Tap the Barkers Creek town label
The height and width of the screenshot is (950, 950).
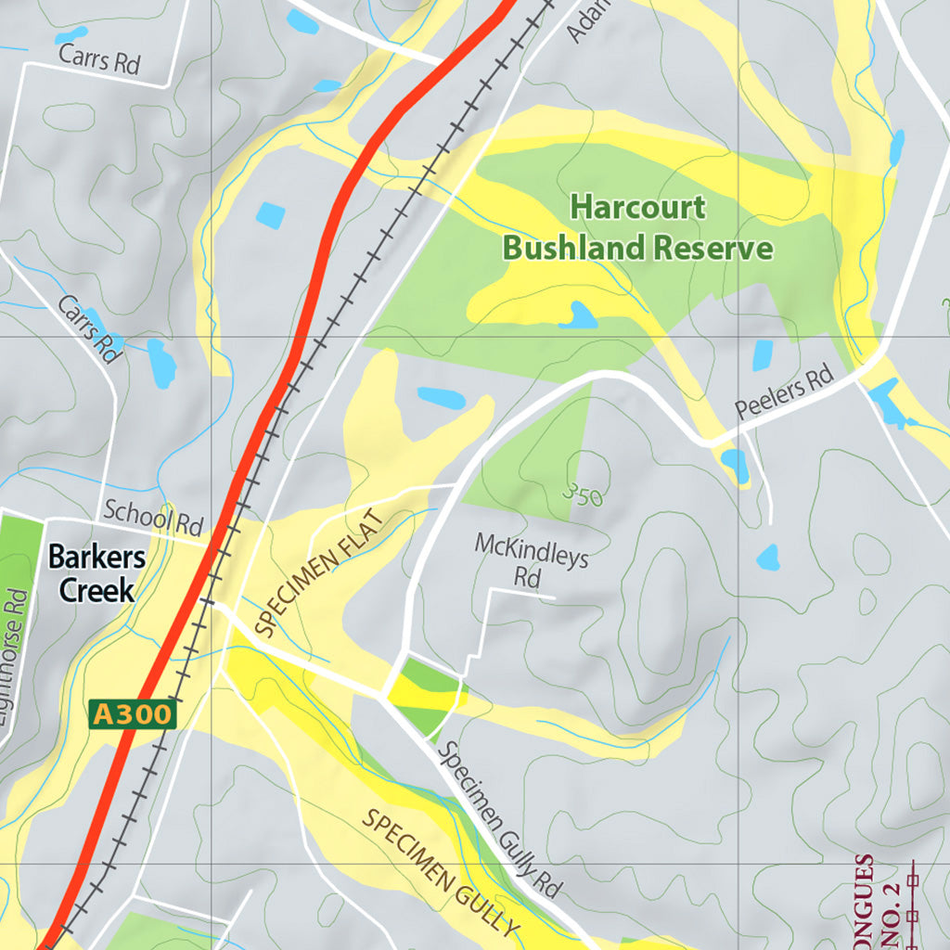click(x=96, y=573)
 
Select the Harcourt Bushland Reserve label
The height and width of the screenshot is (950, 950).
click(x=637, y=227)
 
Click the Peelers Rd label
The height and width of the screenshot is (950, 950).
click(x=785, y=394)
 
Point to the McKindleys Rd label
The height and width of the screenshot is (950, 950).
click(x=532, y=558)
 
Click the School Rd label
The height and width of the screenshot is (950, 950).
click(x=153, y=520)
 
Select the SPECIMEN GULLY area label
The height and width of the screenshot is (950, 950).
click(x=440, y=872)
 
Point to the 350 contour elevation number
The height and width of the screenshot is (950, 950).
click(x=584, y=496)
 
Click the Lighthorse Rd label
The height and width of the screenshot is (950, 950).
click(x=16, y=668)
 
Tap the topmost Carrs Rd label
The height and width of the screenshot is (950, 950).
click(x=98, y=59)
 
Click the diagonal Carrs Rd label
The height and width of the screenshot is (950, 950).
click(x=90, y=329)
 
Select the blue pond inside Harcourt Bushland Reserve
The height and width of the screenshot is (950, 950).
click(x=580, y=317)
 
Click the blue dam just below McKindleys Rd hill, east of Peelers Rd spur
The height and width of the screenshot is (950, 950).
click(x=767, y=558)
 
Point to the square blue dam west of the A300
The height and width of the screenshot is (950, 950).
click(x=270, y=215)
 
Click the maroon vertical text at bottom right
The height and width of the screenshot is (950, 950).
click(x=866, y=900)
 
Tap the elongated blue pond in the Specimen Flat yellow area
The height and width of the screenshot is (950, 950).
click(x=442, y=398)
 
